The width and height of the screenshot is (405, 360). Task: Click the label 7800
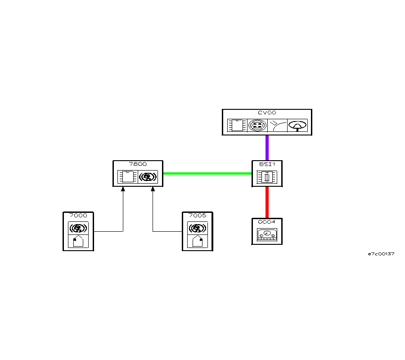tap(138, 164)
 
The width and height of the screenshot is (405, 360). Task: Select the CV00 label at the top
tap(267, 113)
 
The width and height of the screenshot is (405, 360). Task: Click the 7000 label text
tap(78, 216)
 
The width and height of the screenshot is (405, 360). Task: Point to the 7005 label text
tap(198, 216)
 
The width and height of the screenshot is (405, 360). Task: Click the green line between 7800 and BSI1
tap(207, 173)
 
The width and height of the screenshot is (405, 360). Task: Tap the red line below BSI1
tap(267, 202)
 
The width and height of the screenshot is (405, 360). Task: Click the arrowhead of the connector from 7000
tap(123, 189)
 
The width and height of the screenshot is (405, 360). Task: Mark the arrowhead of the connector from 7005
tap(153, 189)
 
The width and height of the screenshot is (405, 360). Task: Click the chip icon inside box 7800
tap(127, 177)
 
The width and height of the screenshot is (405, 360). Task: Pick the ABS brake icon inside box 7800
tap(148, 177)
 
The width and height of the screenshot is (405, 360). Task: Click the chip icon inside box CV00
tap(237, 126)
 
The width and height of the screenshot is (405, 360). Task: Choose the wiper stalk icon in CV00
tap(277, 126)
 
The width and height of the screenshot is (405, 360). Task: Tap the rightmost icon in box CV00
tap(297, 126)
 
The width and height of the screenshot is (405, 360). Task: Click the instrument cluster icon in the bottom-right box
tap(267, 235)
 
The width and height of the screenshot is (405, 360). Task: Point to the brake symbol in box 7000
tap(78, 228)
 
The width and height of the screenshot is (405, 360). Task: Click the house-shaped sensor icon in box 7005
tap(198, 241)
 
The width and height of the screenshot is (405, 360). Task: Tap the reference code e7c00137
tap(381, 254)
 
